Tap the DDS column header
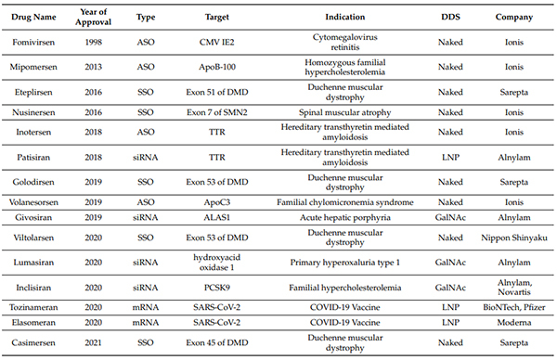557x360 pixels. [450, 18]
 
